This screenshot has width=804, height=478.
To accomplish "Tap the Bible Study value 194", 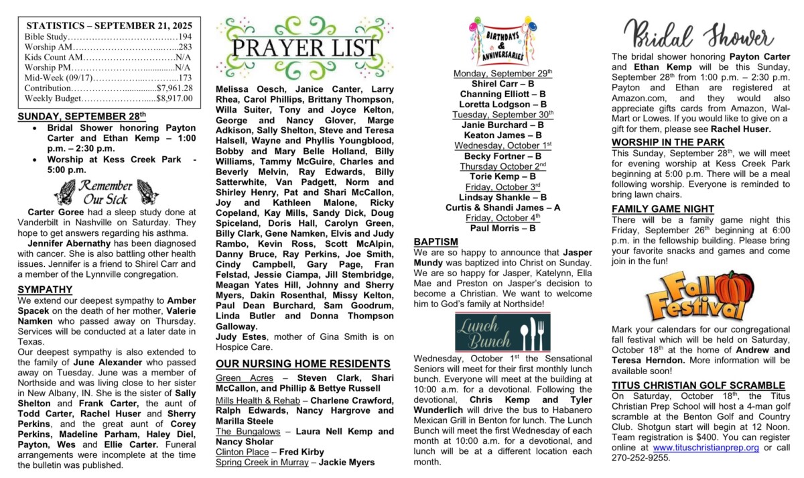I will (185, 36).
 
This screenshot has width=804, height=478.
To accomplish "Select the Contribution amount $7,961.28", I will (174, 88).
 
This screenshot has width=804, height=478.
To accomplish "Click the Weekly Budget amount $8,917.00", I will (174, 99).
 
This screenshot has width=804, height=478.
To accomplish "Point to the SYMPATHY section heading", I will (45, 290).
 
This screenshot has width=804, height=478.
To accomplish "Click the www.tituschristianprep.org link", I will (706, 447).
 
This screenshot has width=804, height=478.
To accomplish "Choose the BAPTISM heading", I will (436, 241).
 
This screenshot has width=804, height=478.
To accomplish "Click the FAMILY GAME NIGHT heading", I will (663, 209).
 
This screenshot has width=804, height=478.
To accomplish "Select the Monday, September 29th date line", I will (503, 72).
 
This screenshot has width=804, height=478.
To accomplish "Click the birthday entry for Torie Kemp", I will (503, 176).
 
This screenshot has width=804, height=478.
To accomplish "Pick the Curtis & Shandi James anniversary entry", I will (503, 207).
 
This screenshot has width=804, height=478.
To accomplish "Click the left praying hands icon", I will (65, 192).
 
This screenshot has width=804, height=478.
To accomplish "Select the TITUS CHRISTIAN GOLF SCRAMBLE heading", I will (698, 385).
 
